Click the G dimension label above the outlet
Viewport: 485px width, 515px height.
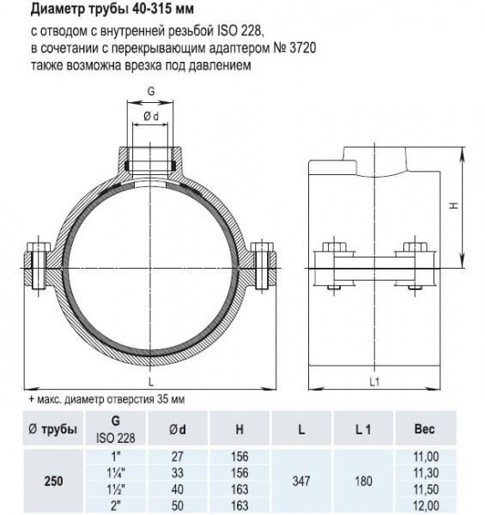click(x=151, y=91)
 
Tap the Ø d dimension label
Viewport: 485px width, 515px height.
click(x=151, y=116)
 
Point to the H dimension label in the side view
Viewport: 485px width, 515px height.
click(x=454, y=206)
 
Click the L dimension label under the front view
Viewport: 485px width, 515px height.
click(x=151, y=382)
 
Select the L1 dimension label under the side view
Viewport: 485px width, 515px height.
click(x=374, y=382)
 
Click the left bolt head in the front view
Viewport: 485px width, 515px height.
click(x=39, y=246)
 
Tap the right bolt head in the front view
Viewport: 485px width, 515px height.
click(x=262, y=246)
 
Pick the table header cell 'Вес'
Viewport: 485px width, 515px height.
click(x=425, y=428)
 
